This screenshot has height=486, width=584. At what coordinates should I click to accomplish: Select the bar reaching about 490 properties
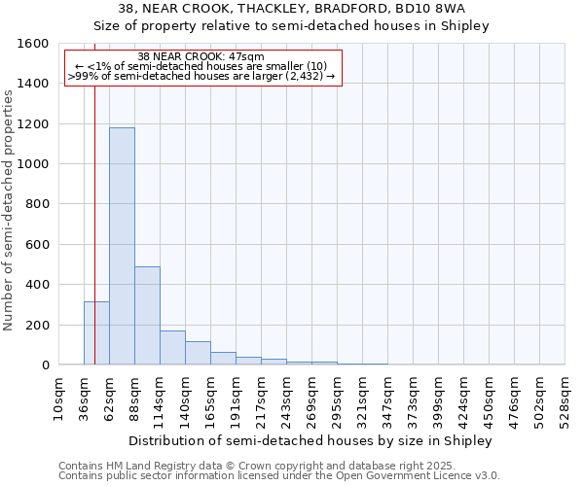[x=147, y=315]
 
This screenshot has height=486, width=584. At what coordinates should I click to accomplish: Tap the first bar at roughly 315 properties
[x=96, y=332]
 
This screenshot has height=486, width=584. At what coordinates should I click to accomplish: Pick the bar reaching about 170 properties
[x=172, y=347]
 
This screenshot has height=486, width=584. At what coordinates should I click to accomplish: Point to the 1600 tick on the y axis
[x=32, y=44]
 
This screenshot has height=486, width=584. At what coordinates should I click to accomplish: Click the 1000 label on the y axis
[x=32, y=164]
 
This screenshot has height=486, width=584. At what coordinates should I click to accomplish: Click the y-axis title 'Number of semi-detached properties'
[x=9, y=205]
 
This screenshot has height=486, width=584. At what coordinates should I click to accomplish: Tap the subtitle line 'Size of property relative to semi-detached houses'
[x=291, y=26]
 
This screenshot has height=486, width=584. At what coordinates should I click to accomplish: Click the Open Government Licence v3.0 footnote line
[x=279, y=476]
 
